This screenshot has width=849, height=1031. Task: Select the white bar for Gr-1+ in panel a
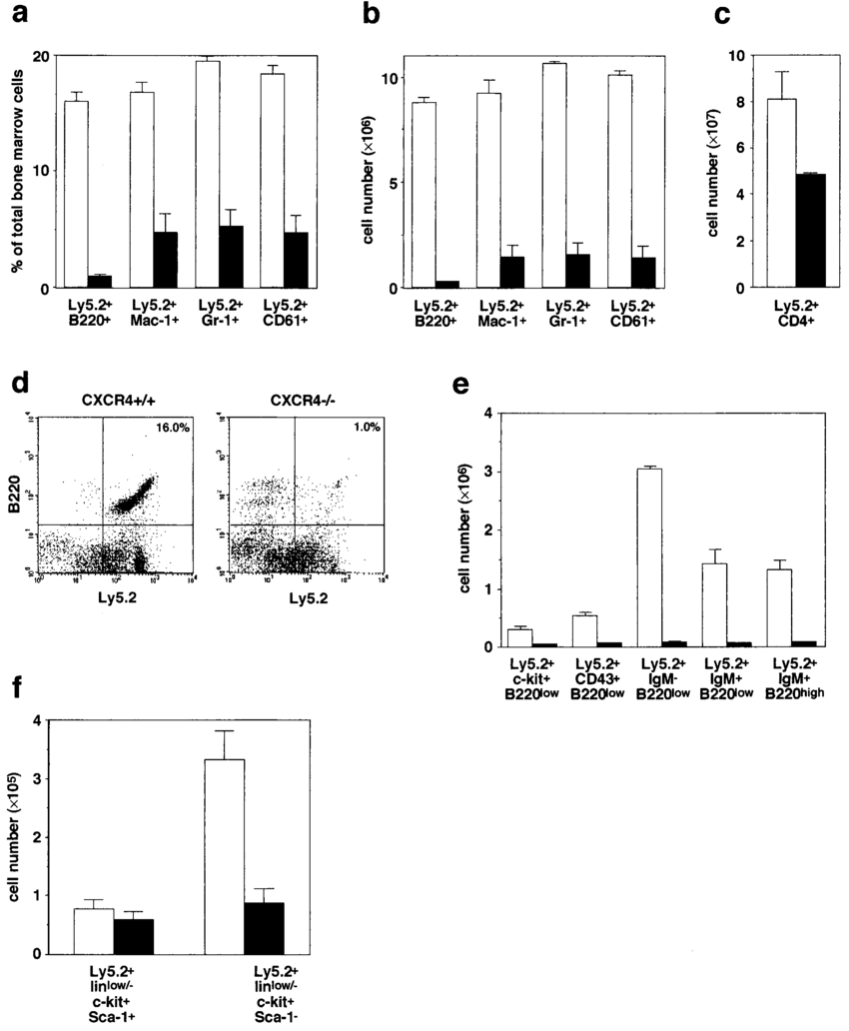pyautogui.click(x=208, y=175)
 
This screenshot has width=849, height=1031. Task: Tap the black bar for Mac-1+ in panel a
pyautogui.click(x=165, y=261)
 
